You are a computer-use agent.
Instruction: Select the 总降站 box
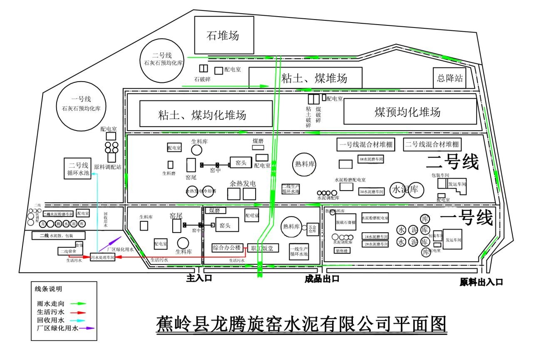449,78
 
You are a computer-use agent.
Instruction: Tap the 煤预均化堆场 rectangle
410,112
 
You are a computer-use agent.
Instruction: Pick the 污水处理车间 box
102,258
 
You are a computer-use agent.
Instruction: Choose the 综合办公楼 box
227,248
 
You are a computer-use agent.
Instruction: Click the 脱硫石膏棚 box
346,222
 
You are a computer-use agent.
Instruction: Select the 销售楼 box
342,251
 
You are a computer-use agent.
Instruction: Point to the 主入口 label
199,278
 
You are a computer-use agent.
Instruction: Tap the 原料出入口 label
481,282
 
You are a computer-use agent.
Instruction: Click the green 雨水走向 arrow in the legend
78,303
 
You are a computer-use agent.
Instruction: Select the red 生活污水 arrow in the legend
78,312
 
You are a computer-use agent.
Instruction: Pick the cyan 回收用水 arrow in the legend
78,320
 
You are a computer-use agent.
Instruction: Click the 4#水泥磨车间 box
370,159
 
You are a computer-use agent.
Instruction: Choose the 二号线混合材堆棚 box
432,144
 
